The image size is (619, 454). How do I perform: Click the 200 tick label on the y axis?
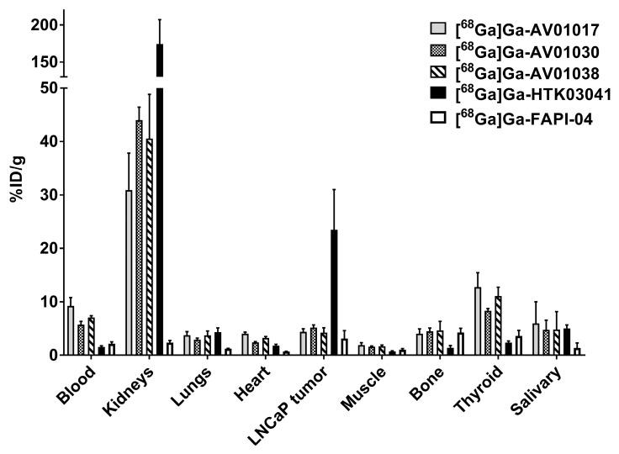[x=44, y=25]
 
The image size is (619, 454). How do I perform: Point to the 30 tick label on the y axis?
[x=48, y=195]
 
